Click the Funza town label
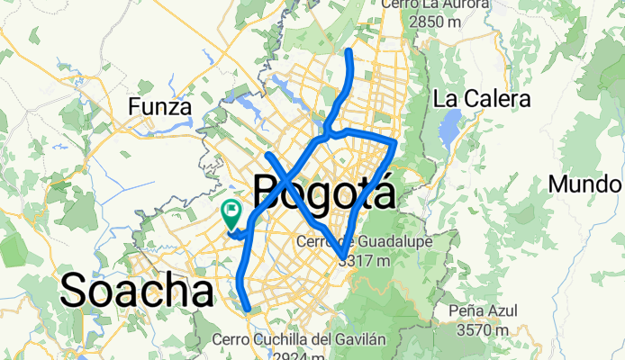pyautogui.click(x=160, y=107)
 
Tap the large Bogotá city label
pyautogui.click(x=324, y=193)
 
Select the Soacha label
pyautogui.click(x=137, y=290)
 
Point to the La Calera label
pyautogui.click(x=482, y=98)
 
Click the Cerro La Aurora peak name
pyautogui.click(x=435, y=4)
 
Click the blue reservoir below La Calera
pyautogui.click(x=448, y=133)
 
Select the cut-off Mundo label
pyautogui.click(x=586, y=184)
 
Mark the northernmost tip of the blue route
pyautogui.click(x=349, y=52)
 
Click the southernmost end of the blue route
pyautogui.click(x=248, y=309)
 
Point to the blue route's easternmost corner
pyautogui.click(x=395, y=141)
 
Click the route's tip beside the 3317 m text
pyautogui.click(x=340, y=261)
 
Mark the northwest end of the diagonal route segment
pyautogui.click(x=267, y=155)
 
